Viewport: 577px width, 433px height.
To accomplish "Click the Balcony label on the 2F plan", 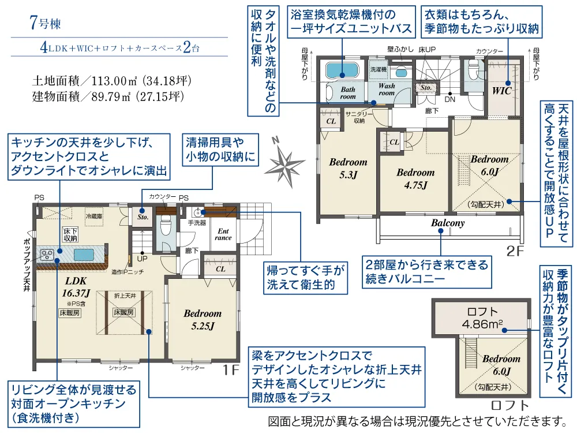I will tap(447, 223).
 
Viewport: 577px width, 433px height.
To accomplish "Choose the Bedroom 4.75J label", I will tap(415, 178).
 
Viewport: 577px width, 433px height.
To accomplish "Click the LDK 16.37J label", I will tap(76, 286).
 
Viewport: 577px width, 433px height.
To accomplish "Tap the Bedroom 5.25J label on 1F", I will tap(203, 319).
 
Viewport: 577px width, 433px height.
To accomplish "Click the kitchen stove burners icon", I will tap(47, 253).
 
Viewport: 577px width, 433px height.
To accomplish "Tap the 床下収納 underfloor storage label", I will tap(70, 234).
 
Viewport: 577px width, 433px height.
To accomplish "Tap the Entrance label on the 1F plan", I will tap(223, 234).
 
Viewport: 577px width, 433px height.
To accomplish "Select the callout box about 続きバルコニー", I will tap(426, 273).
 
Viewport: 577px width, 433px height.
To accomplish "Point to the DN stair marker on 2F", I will tap(450, 99).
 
